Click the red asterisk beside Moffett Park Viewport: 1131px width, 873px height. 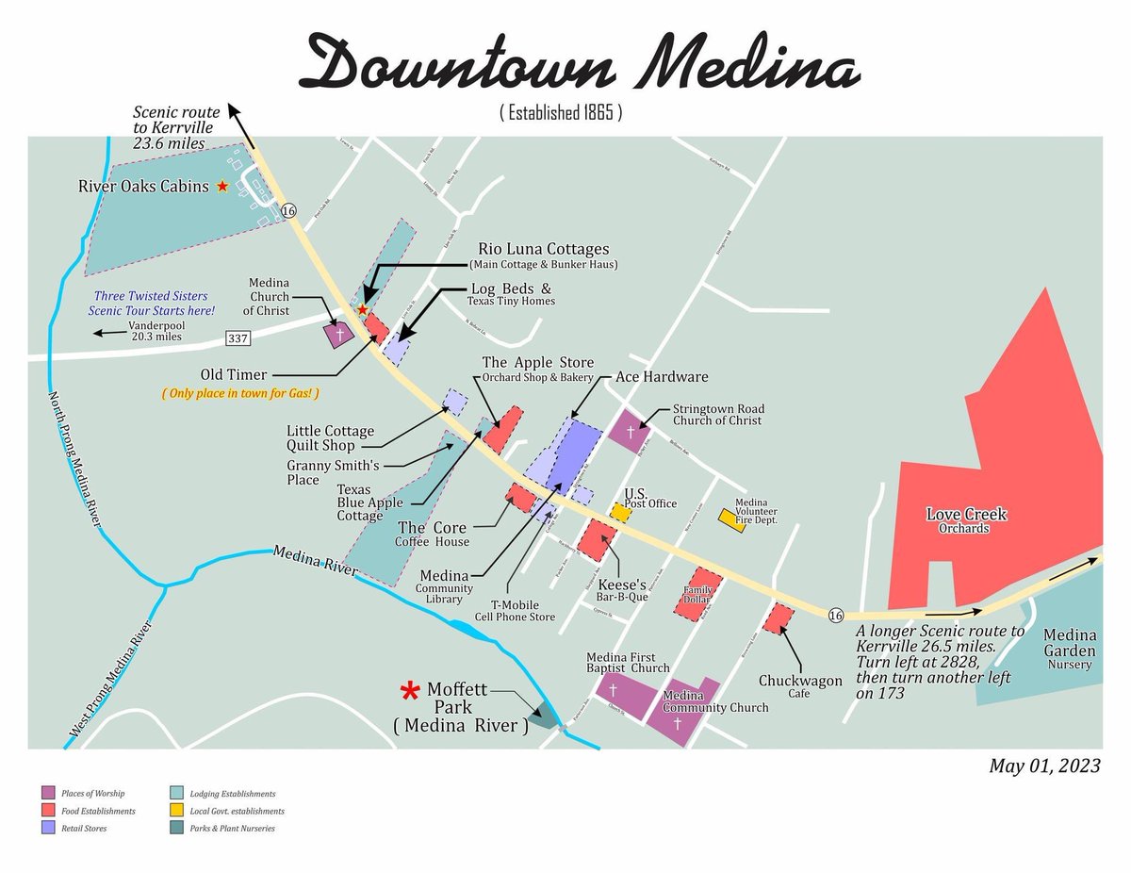410,693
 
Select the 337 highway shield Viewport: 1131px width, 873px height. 237,338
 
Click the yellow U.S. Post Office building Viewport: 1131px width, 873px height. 620,512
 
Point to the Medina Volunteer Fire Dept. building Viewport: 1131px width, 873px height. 733,519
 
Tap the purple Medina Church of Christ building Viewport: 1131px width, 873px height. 338,335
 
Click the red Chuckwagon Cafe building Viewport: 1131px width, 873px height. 779,618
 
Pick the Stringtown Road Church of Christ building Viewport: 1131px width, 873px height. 630,431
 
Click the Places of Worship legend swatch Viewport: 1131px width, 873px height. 47,794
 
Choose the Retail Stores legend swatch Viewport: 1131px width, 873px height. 47,829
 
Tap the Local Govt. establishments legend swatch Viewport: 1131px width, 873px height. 176,811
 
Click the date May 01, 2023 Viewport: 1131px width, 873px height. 1044,766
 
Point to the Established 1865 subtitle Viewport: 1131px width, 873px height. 560,113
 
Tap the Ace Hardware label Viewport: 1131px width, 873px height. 661,377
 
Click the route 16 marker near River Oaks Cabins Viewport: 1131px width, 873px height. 288,210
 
